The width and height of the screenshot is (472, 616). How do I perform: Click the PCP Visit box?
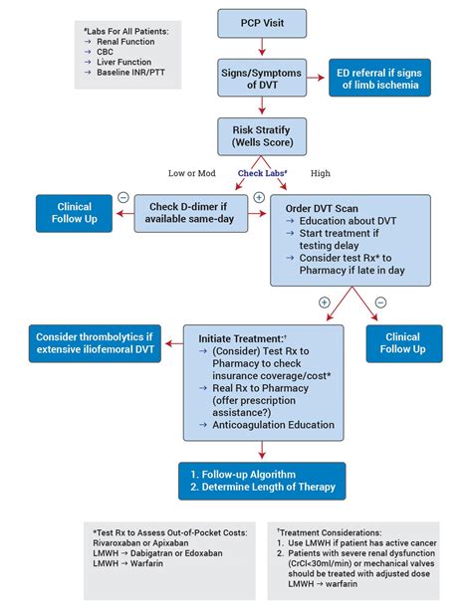click(261, 21)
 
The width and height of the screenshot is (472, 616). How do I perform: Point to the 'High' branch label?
click(322, 173)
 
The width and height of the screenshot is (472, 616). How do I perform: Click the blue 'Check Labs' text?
click(261, 173)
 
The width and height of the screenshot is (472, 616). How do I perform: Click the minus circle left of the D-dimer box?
click(122, 197)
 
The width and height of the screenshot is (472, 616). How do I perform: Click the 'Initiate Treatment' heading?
click(242, 337)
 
